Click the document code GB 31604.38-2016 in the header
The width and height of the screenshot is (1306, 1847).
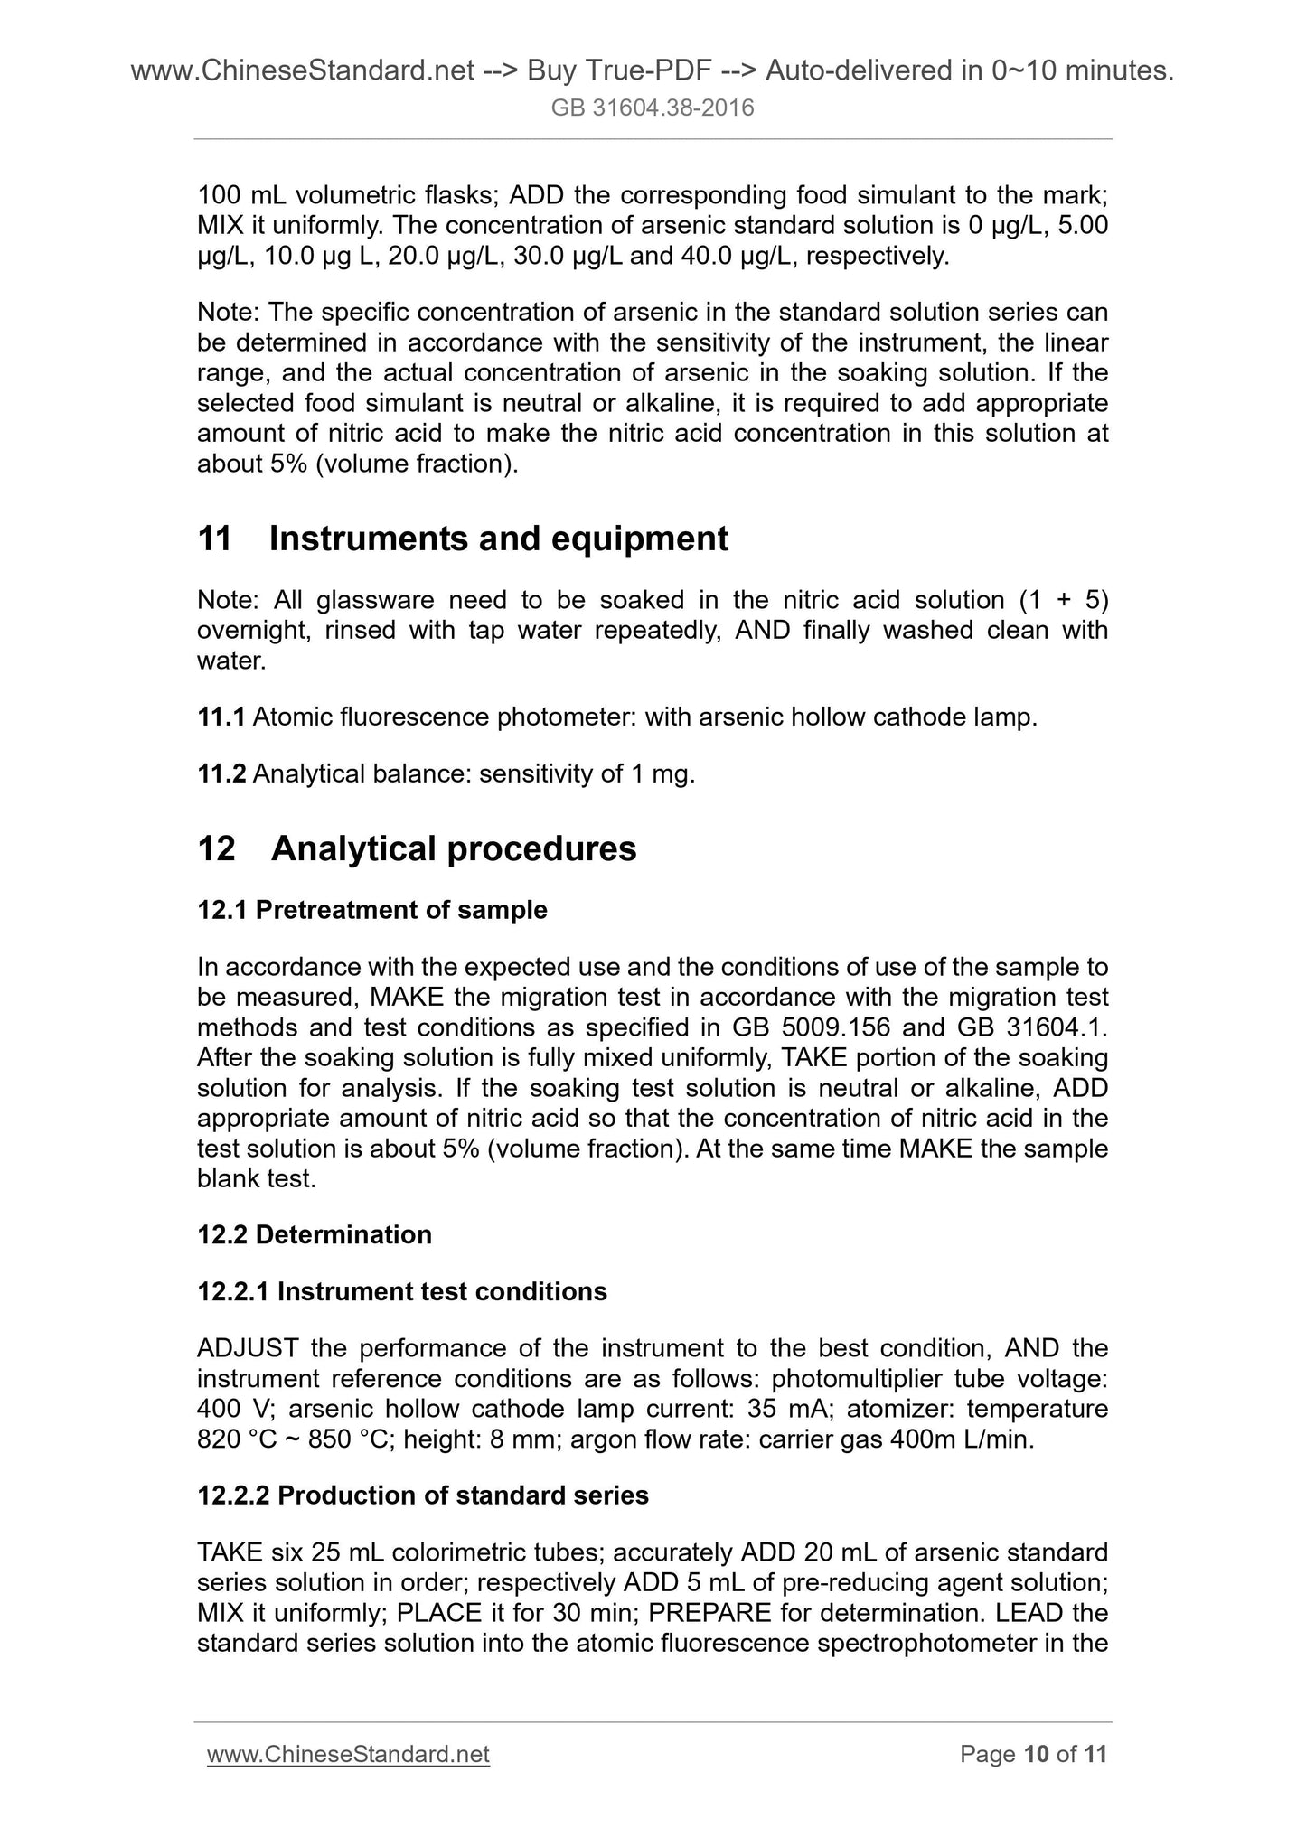pos(653,109)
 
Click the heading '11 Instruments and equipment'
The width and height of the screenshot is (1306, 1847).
pos(462,539)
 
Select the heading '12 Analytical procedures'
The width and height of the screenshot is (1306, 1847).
pos(417,848)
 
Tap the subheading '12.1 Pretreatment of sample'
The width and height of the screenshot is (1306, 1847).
pos(372,909)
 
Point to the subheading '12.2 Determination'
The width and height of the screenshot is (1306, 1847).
pos(315,1234)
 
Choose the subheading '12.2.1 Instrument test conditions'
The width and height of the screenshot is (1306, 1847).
pos(402,1291)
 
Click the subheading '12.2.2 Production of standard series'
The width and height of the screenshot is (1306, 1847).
pos(423,1495)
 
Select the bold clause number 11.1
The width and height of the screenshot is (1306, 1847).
pos(221,717)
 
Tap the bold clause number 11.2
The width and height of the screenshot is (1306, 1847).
pos(221,774)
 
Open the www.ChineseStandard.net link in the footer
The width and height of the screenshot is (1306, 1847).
pos(348,1754)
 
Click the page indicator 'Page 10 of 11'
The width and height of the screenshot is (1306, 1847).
pos(1033,1754)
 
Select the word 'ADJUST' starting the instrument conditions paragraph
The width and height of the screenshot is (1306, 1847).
pos(248,1348)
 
